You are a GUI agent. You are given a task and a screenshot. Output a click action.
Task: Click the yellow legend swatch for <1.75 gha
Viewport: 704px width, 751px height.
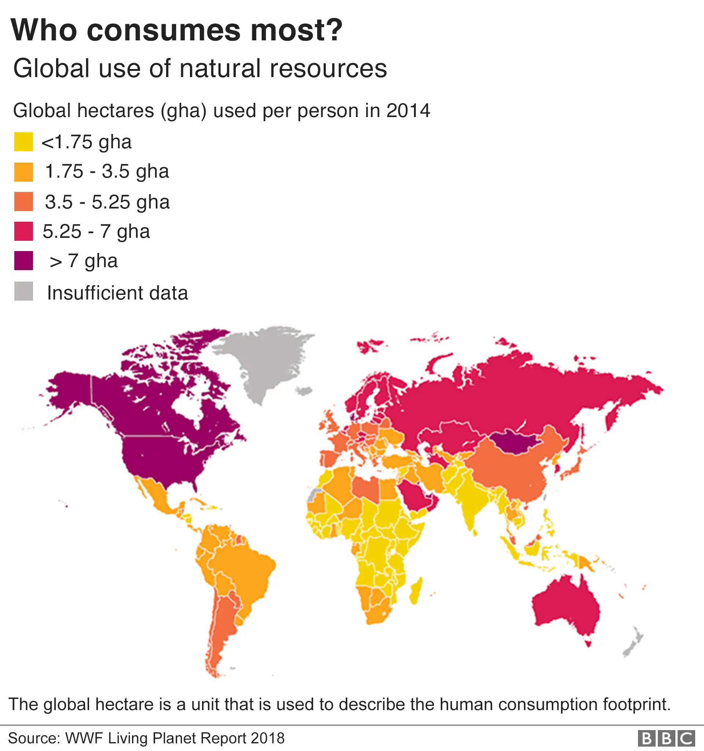coord(23,142)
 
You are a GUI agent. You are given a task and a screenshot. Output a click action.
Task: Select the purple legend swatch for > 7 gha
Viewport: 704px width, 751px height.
coord(23,261)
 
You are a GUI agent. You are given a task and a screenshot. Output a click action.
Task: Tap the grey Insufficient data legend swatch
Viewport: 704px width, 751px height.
coord(23,291)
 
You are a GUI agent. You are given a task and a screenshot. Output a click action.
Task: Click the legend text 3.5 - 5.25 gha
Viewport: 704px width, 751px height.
coord(107,202)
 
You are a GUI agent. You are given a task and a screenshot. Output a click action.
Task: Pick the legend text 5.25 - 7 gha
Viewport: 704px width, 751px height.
coord(96,231)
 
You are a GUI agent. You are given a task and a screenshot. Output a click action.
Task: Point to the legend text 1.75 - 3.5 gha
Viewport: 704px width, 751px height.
coord(107,171)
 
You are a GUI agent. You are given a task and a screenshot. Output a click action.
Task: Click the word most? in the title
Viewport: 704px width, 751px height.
coord(297,30)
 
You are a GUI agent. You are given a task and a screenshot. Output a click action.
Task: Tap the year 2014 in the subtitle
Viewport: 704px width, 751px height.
coord(408,111)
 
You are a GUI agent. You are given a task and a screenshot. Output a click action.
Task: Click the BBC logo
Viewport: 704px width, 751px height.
coord(666,738)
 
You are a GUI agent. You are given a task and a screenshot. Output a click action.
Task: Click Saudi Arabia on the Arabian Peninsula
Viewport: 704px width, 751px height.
coord(415,495)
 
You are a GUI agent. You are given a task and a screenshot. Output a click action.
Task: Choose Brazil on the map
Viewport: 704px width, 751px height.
coord(242,567)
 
